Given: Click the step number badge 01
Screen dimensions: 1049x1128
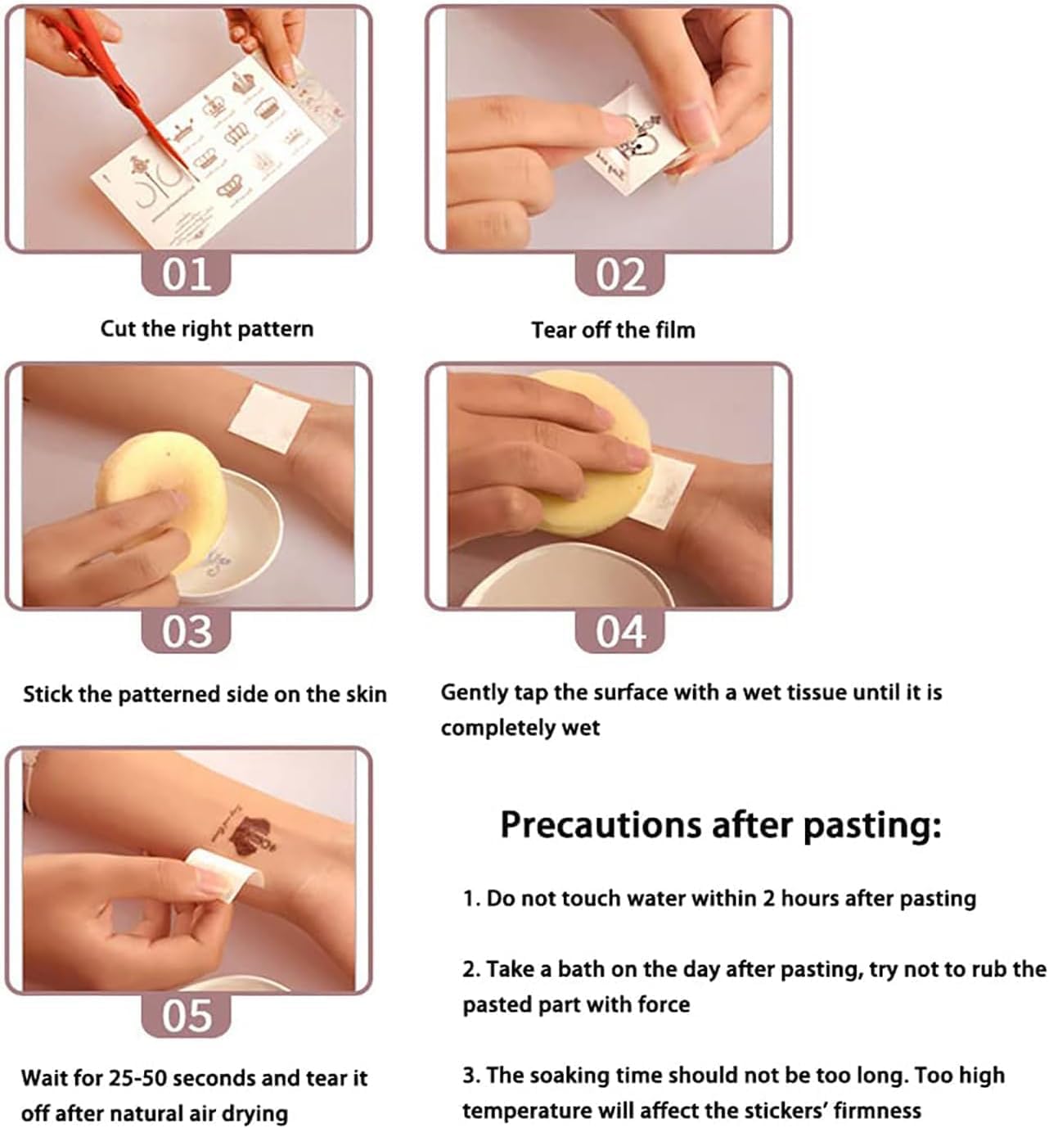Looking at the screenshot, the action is point(186,273).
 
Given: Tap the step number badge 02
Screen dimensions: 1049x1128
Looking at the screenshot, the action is point(619,273).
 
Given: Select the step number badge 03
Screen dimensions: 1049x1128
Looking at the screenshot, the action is point(186,631).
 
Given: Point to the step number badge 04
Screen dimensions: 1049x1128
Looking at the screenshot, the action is point(619,631).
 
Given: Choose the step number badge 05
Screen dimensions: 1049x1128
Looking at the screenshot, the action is point(186,1016).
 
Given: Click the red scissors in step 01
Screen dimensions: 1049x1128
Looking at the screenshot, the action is point(114,79).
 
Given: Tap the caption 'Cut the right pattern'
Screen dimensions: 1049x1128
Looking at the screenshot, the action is point(207,329).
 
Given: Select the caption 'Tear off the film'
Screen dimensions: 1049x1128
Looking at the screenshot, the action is point(614,330).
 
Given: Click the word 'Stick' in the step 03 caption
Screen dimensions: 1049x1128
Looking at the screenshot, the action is point(48,694).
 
